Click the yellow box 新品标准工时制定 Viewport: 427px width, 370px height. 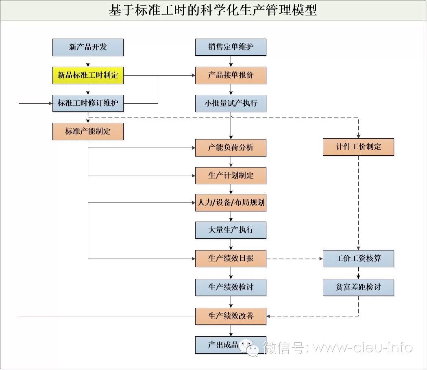click(x=88, y=76)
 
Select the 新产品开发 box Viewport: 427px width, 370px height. click(x=88, y=47)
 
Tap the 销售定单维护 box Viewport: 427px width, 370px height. click(x=231, y=47)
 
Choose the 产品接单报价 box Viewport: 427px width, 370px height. click(x=231, y=76)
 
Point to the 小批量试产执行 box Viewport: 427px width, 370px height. click(x=231, y=103)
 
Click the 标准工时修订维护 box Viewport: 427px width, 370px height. click(x=88, y=103)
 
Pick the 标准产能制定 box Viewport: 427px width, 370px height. click(x=88, y=132)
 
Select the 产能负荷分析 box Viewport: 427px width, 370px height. click(x=231, y=148)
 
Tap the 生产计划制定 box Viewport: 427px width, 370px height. click(x=231, y=176)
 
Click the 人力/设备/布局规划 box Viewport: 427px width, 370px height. click(x=231, y=202)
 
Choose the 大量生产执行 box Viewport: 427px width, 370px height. click(x=231, y=230)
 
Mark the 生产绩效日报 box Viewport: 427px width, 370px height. click(x=231, y=259)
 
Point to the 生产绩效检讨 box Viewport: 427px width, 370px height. click(x=231, y=287)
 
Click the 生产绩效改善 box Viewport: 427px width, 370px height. click(x=231, y=316)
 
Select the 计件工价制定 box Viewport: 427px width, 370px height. click(x=358, y=147)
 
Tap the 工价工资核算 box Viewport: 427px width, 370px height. click(x=358, y=259)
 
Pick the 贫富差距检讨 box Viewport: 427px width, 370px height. click(x=358, y=287)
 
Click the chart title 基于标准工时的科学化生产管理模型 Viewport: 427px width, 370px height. click(x=213, y=10)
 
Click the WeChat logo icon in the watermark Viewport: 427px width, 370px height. click(x=248, y=347)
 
